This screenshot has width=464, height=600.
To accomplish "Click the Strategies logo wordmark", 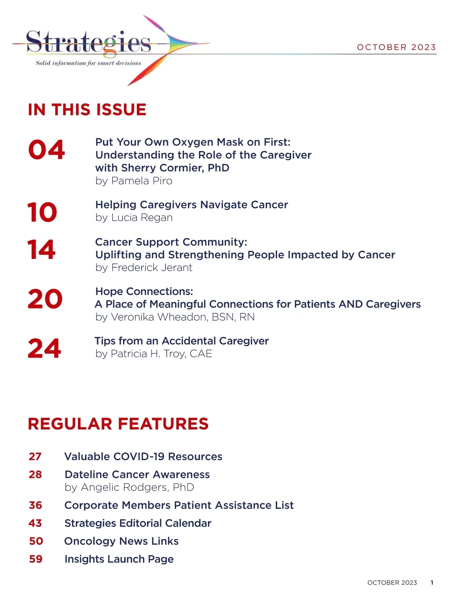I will (x=88, y=42).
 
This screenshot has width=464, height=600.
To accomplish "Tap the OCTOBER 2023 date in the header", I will (x=396, y=47).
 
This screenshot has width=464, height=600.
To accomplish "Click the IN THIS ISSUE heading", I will (x=87, y=110).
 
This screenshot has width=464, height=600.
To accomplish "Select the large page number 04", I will (x=46, y=150).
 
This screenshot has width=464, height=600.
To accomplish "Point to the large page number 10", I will (x=42, y=212).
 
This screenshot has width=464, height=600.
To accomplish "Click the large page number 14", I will (x=41, y=249).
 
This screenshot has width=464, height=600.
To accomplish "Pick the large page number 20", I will (x=45, y=299).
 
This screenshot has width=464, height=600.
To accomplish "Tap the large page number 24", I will (x=44, y=348).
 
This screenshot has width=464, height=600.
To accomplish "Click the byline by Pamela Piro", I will (x=134, y=181).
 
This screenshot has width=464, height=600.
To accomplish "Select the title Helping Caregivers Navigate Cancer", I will (x=191, y=205).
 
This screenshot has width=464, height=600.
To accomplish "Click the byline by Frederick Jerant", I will (x=144, y=267).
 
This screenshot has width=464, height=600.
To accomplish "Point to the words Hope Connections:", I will (x=144, y=291).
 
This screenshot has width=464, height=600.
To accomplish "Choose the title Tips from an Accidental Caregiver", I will (x=182, y=341).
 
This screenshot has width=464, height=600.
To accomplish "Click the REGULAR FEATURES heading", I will (x=118, y=424).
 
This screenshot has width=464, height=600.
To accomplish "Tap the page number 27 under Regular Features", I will (x=35, y=457).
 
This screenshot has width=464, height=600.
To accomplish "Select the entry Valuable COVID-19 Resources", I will (x=143, y=457).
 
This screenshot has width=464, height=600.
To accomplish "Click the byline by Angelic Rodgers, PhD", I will (x=129, y=487).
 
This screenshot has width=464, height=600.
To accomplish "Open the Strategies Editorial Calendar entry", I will (x=138, y=523).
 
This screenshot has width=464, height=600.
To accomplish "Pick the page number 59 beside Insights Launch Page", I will (x=36, y=559).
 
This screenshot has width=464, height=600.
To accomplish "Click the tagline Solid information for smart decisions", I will (x=88, y=63).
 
